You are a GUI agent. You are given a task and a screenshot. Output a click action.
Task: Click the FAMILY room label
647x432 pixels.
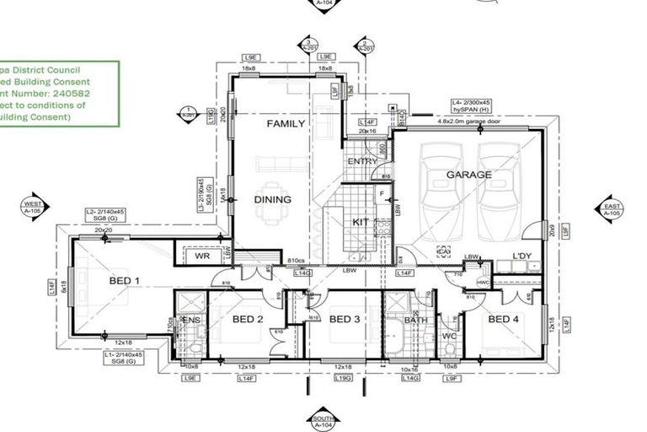tap(286, 124)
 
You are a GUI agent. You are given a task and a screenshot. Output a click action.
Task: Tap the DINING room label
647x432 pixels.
tap(272, 200)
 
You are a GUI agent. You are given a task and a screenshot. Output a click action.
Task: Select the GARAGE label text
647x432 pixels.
tap(468, 175)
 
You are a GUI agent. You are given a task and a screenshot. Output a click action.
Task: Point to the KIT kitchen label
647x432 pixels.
tap(361, 222)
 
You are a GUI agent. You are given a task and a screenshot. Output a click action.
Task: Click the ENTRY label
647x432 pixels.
tap(362, 161)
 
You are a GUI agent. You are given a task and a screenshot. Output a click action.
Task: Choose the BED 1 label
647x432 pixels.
tap(126, 280)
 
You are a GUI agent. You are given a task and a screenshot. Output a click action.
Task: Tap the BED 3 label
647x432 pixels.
tap(345, 319)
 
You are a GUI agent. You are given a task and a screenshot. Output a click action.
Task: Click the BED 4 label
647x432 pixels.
tap(504, 319)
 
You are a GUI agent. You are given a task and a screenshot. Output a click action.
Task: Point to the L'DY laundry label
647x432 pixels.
tap(525, 256)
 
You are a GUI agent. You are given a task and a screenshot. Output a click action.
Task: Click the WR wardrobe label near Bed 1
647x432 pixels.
tap(201, 256)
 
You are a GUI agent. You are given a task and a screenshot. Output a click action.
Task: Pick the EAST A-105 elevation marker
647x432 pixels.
tap(612, 209)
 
